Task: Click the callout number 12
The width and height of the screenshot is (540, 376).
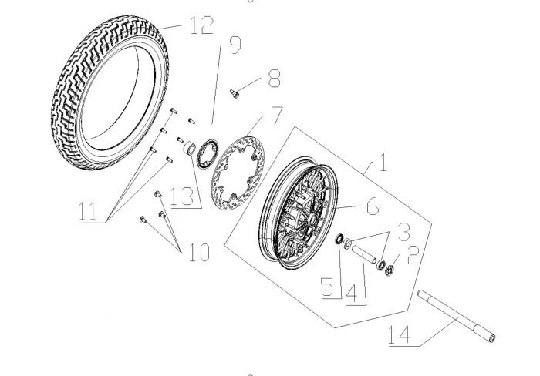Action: click(202, 25)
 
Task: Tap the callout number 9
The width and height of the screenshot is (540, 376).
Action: click(235, 45)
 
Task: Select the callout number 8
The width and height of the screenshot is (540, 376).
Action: click(274, 78)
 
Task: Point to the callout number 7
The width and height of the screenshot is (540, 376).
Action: click(276, 116)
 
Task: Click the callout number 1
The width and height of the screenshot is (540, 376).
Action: click(383, 162)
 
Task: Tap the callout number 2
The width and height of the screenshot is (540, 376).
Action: click(413, 255)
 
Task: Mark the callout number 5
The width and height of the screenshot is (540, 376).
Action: click(328, 287)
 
